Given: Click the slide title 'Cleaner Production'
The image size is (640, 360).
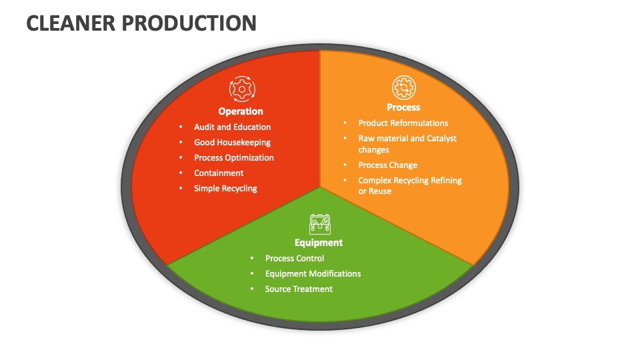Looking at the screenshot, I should (x=141, y=23).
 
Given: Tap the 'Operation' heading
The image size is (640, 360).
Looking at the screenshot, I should (x=241, y=111).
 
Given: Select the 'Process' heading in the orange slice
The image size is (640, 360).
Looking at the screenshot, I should (x=403, y=107).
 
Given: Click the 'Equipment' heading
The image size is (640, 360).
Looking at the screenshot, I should (x=319, y=243).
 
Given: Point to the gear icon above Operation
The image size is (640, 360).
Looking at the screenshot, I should (x=241, y=89).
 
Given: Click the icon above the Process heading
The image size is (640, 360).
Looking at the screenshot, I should (x=403, y=87).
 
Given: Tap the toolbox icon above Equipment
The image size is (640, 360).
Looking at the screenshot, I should (x=320, y=223).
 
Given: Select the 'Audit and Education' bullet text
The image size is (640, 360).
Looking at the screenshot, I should (x=232, y=127).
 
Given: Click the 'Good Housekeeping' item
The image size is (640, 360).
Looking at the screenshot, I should (x=232, y=142).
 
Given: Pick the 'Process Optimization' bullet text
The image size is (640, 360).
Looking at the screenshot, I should (x=233, y=157).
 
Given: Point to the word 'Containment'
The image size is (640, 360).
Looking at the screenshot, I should (x=219, y=173).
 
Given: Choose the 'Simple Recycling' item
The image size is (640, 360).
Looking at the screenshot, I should (x=225, y=188).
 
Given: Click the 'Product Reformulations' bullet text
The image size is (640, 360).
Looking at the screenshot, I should (x=403, y=123).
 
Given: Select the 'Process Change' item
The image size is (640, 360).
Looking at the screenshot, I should (x=387, y=165).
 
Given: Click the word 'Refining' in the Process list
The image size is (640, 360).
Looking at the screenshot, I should (x=446, y=180).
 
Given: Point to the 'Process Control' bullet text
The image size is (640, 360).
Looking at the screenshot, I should (x=295, y=258).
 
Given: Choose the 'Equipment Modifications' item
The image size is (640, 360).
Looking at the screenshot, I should (x=313, y=273).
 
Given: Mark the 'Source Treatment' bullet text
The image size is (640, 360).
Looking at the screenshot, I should (x=299, y=289).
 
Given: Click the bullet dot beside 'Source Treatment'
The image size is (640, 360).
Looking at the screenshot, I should (x=252, y=289).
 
